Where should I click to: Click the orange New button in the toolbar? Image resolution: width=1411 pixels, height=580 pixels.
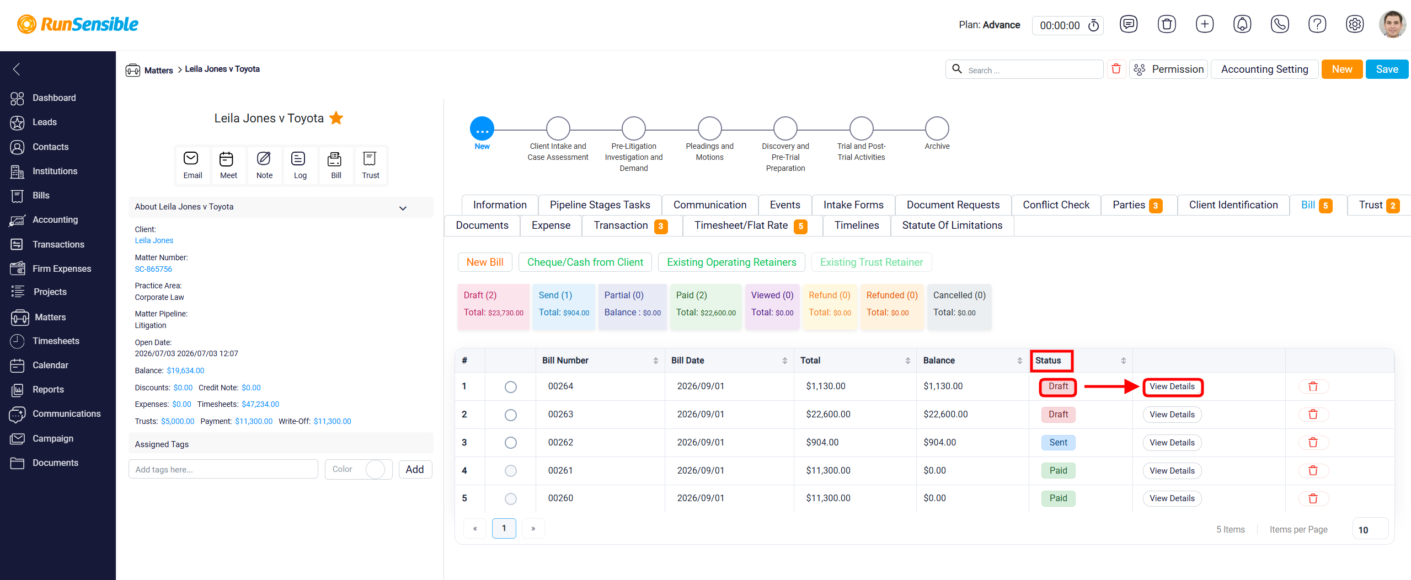[1341, 69]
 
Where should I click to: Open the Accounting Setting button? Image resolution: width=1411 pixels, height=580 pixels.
[1264, 69]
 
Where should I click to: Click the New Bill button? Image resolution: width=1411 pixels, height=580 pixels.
[485, 262]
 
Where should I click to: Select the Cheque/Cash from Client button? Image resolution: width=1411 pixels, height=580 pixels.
[585, 262]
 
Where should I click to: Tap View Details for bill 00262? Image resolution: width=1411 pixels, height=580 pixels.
[1172, 443]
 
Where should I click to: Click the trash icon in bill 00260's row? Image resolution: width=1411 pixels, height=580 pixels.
[1313, 498]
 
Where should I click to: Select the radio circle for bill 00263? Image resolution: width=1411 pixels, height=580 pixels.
[511, 415]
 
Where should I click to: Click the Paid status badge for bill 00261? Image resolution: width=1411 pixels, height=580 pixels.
[1058, 471]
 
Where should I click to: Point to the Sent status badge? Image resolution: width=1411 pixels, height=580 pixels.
[1058, 443]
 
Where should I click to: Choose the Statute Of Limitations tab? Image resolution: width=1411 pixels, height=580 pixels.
[952, 225]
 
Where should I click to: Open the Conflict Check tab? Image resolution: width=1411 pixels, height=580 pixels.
[1056, 205]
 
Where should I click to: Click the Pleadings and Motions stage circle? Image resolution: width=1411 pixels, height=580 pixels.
[709, 128]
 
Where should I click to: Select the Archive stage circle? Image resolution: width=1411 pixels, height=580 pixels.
[937, 128]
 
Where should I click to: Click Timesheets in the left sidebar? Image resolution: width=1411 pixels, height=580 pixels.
[56, 341]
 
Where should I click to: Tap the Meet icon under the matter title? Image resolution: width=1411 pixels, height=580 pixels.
[228, 165]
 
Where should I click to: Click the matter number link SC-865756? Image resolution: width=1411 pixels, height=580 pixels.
[153, 270]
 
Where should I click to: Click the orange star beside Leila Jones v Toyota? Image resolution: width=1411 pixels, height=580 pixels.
[336, 118]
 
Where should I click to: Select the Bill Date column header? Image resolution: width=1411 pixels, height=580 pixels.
[687, 361]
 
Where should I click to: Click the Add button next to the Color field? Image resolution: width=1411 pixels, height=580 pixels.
[415, 470]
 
